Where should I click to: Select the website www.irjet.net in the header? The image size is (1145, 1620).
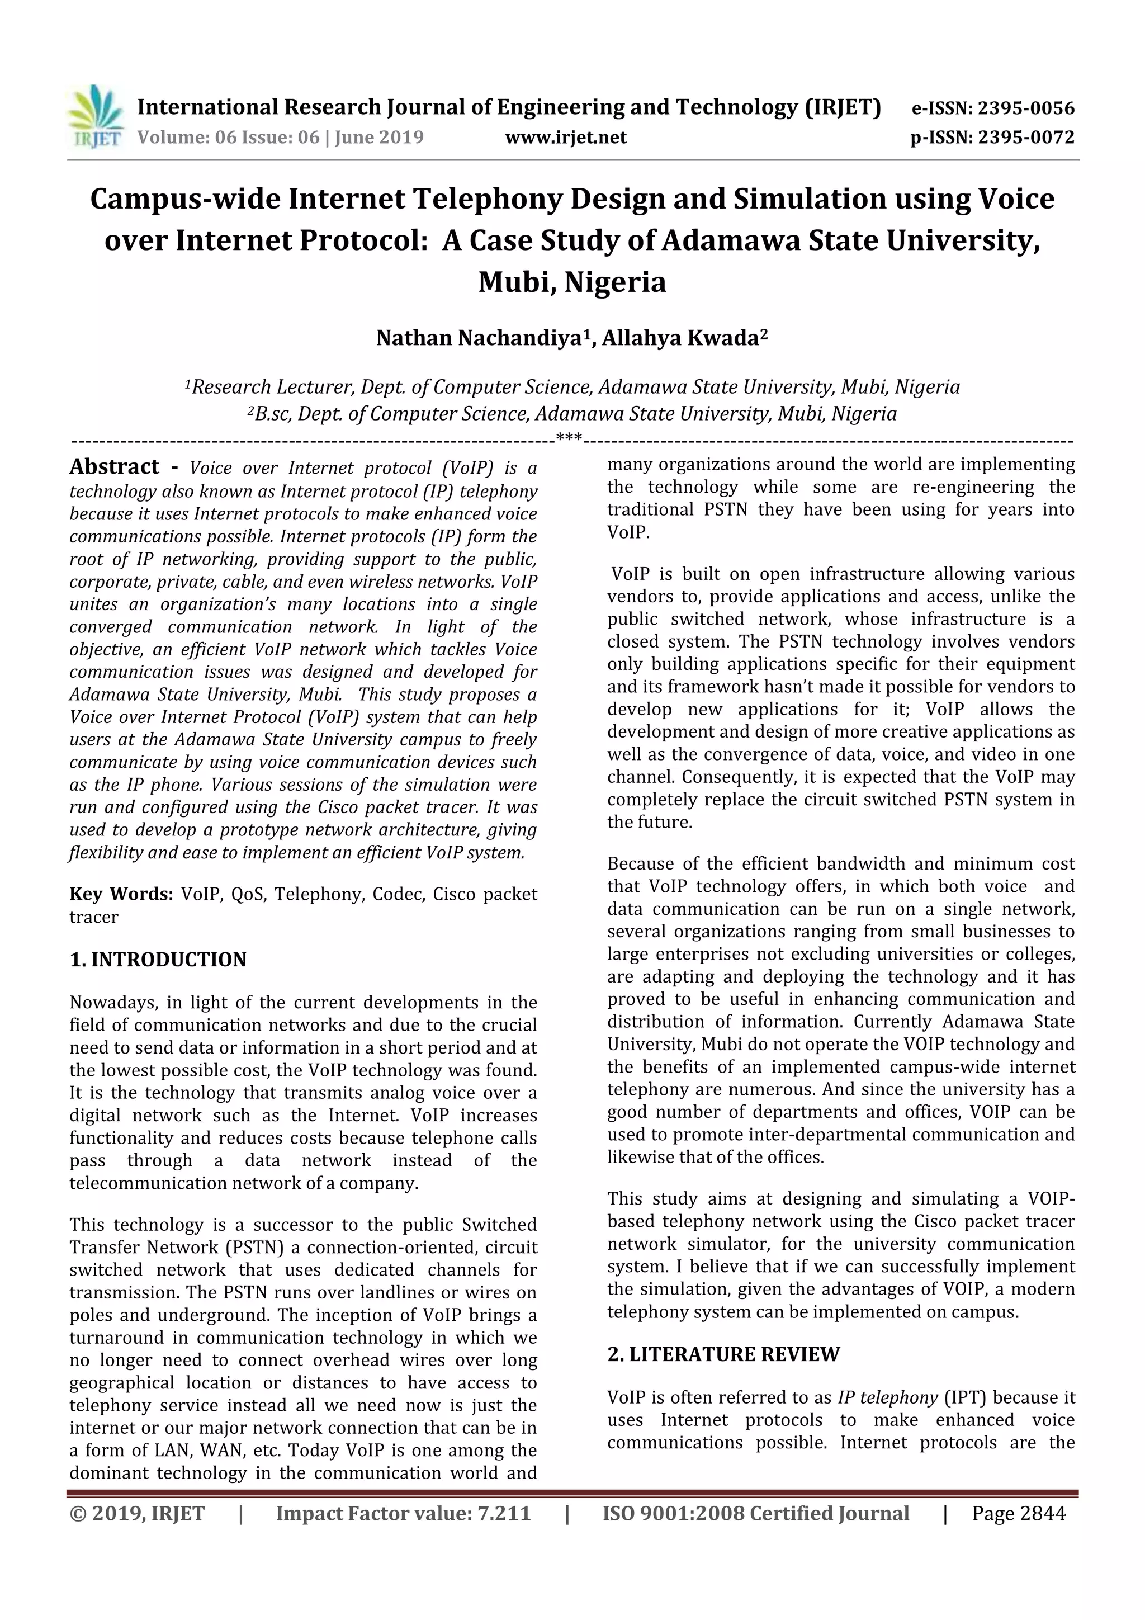(x=566, y=138)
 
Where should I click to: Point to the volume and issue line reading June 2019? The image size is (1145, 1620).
(x=280, y=138)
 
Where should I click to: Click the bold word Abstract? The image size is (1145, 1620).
(x=114, y=467)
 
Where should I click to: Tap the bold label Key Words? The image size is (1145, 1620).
(x=121, y=894)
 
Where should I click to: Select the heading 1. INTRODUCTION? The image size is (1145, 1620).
(x=158, y=960)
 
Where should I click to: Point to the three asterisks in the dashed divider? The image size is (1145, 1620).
(x=569, y=439)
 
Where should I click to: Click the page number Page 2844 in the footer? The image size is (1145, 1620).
(x=1018, y=1513)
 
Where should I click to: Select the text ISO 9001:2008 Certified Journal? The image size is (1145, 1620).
(x=755, y=1513)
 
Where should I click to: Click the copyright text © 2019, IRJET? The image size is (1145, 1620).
(x=138, y=1513)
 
